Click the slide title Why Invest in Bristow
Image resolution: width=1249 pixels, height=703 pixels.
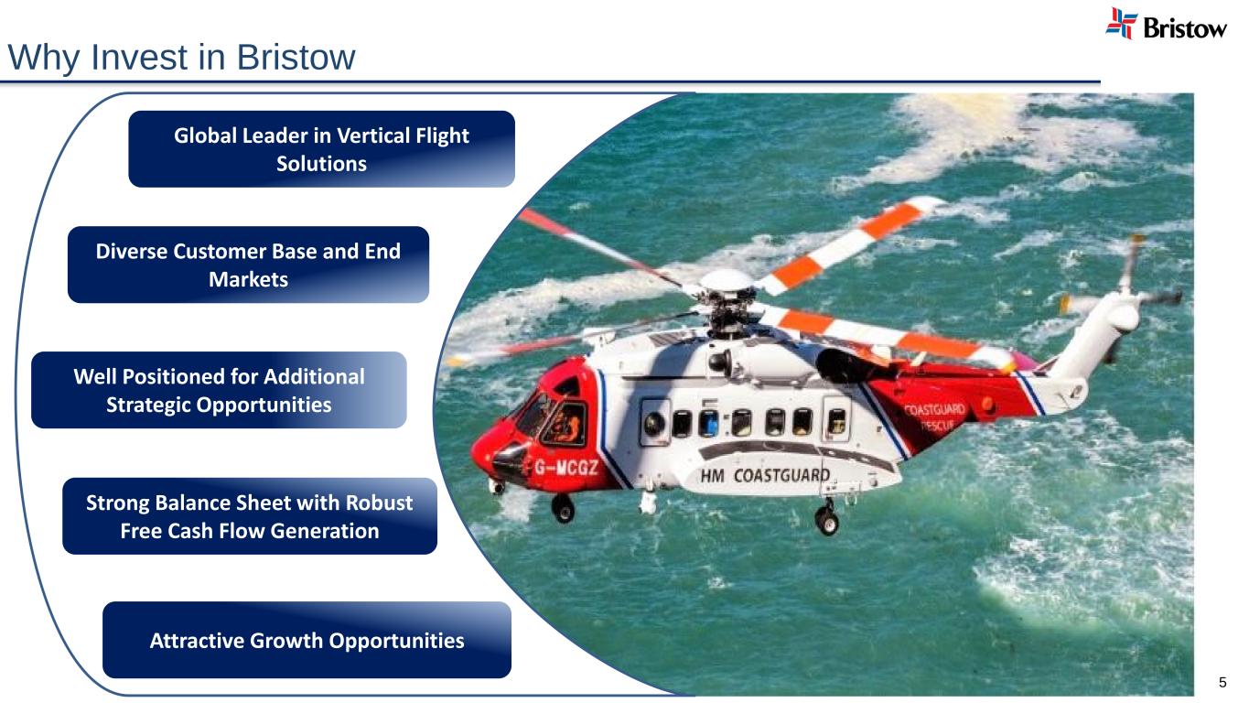181,58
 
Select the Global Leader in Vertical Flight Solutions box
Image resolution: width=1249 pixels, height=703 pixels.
321,149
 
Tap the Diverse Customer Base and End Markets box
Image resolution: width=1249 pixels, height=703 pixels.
248,265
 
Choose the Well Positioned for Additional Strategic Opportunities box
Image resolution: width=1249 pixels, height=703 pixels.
219,390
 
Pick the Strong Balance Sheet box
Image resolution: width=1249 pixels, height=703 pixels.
249,516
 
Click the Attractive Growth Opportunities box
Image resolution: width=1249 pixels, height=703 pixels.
307,640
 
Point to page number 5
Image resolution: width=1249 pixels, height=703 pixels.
1222,683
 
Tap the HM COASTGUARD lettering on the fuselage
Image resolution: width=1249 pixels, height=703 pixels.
765,475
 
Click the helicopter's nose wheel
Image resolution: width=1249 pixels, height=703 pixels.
564,508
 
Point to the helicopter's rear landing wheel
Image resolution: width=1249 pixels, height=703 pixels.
826,520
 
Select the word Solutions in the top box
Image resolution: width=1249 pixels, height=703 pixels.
321,164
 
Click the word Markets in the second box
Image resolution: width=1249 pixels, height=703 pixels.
248,279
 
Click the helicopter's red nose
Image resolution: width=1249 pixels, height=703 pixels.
490,449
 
